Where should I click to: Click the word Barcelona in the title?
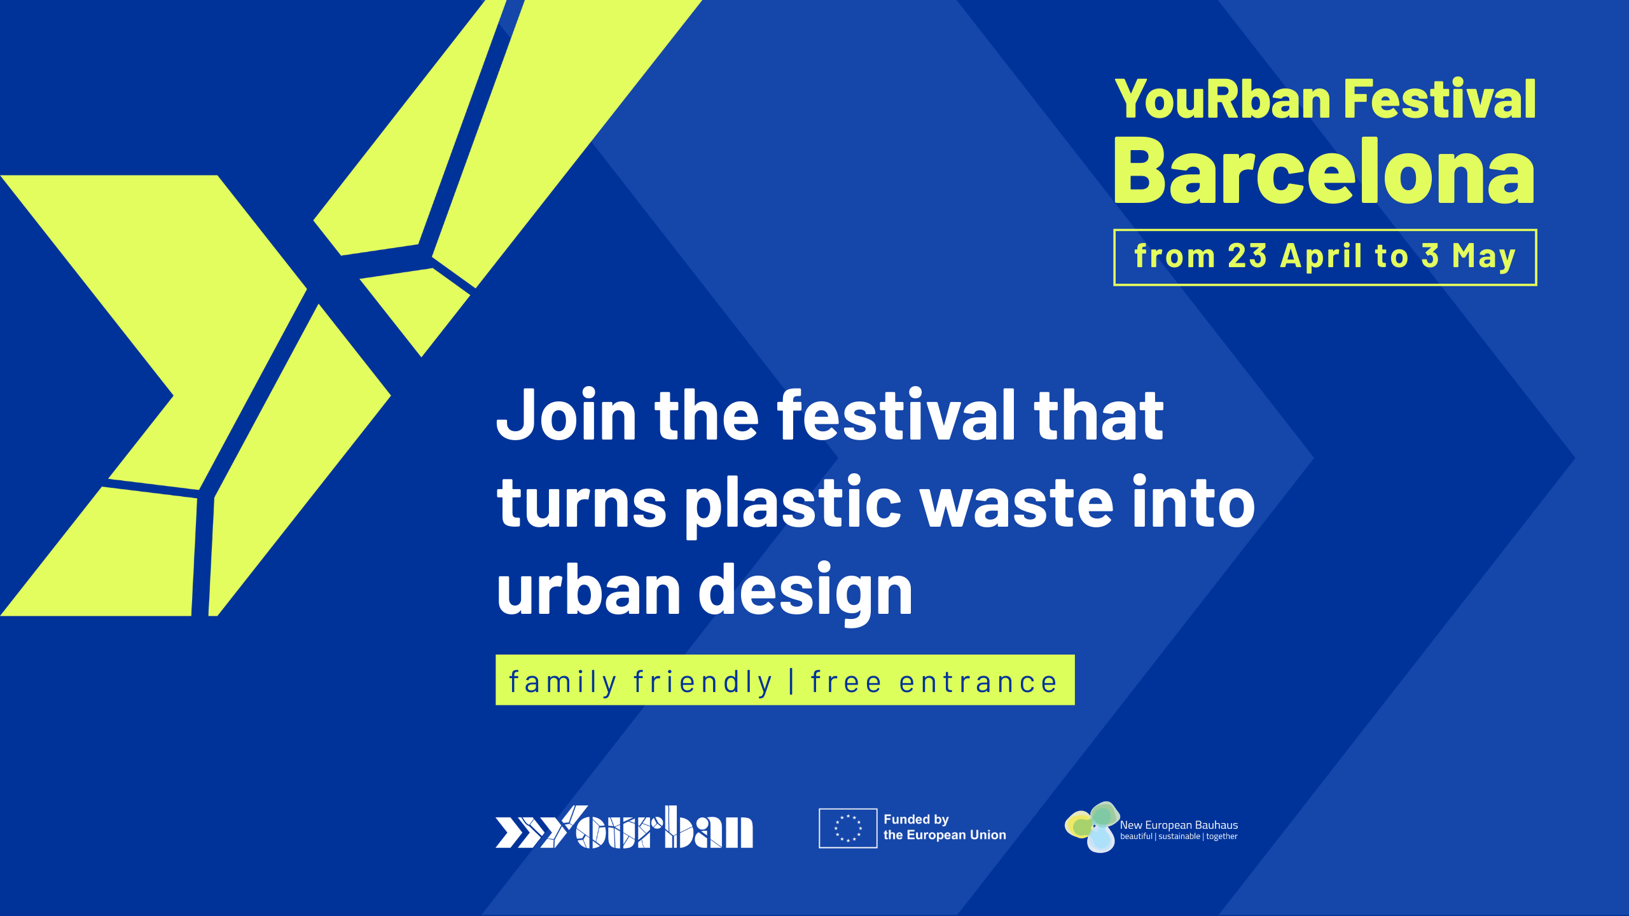pyautogui.click(x=1324, y=172)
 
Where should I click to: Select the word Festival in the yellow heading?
pyautogui.click(x=1440, y=100)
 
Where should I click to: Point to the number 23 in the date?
pyautogui.click(x=1247, y=256)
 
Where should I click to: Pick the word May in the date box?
pyautogui.click(x=1483, y=256)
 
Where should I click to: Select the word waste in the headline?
pyautogui.click(x=1017, y=504)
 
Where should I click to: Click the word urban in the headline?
pyautogui.click(x=589, y=590)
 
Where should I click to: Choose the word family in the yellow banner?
pyautogui.click(x=563, y=683)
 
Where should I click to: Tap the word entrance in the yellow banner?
pyautogui.click(x=978, y=683)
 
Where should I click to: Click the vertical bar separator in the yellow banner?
pyautogui.click(x=792, y=681)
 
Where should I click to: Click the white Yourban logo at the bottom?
pyautogui.click(x=624, y=828)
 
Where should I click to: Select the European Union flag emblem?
pyautogui.click(x=848, y=828)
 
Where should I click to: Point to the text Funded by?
pyautogui.click(x=916, y=819)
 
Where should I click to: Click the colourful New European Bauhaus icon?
pyautogui.click(x=1092, y=827)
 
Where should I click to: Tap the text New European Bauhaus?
pyautogui.click(x=1179, y=825)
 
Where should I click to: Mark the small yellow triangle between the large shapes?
pyautogui.click(x=416, y=308)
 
